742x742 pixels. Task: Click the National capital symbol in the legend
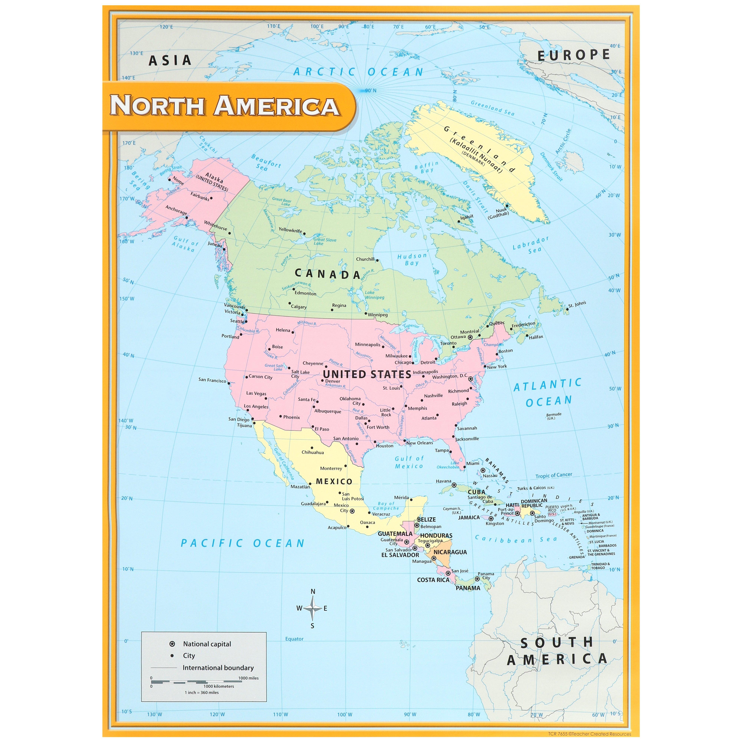coord(172,644)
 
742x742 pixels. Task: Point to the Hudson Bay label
coord(412,259)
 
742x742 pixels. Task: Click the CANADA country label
coord(328,274)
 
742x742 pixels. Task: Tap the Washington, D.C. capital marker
coord(470,379)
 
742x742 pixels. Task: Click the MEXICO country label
coord(334,481)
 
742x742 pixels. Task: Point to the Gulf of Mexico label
coord(409,462)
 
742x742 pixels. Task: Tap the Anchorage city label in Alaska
coord(176,210)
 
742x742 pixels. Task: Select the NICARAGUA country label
coord(450,552)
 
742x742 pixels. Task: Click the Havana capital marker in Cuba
coord(454,485)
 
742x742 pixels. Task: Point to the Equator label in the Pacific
coord(294,639)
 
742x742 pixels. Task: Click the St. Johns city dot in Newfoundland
coord(567,308)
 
